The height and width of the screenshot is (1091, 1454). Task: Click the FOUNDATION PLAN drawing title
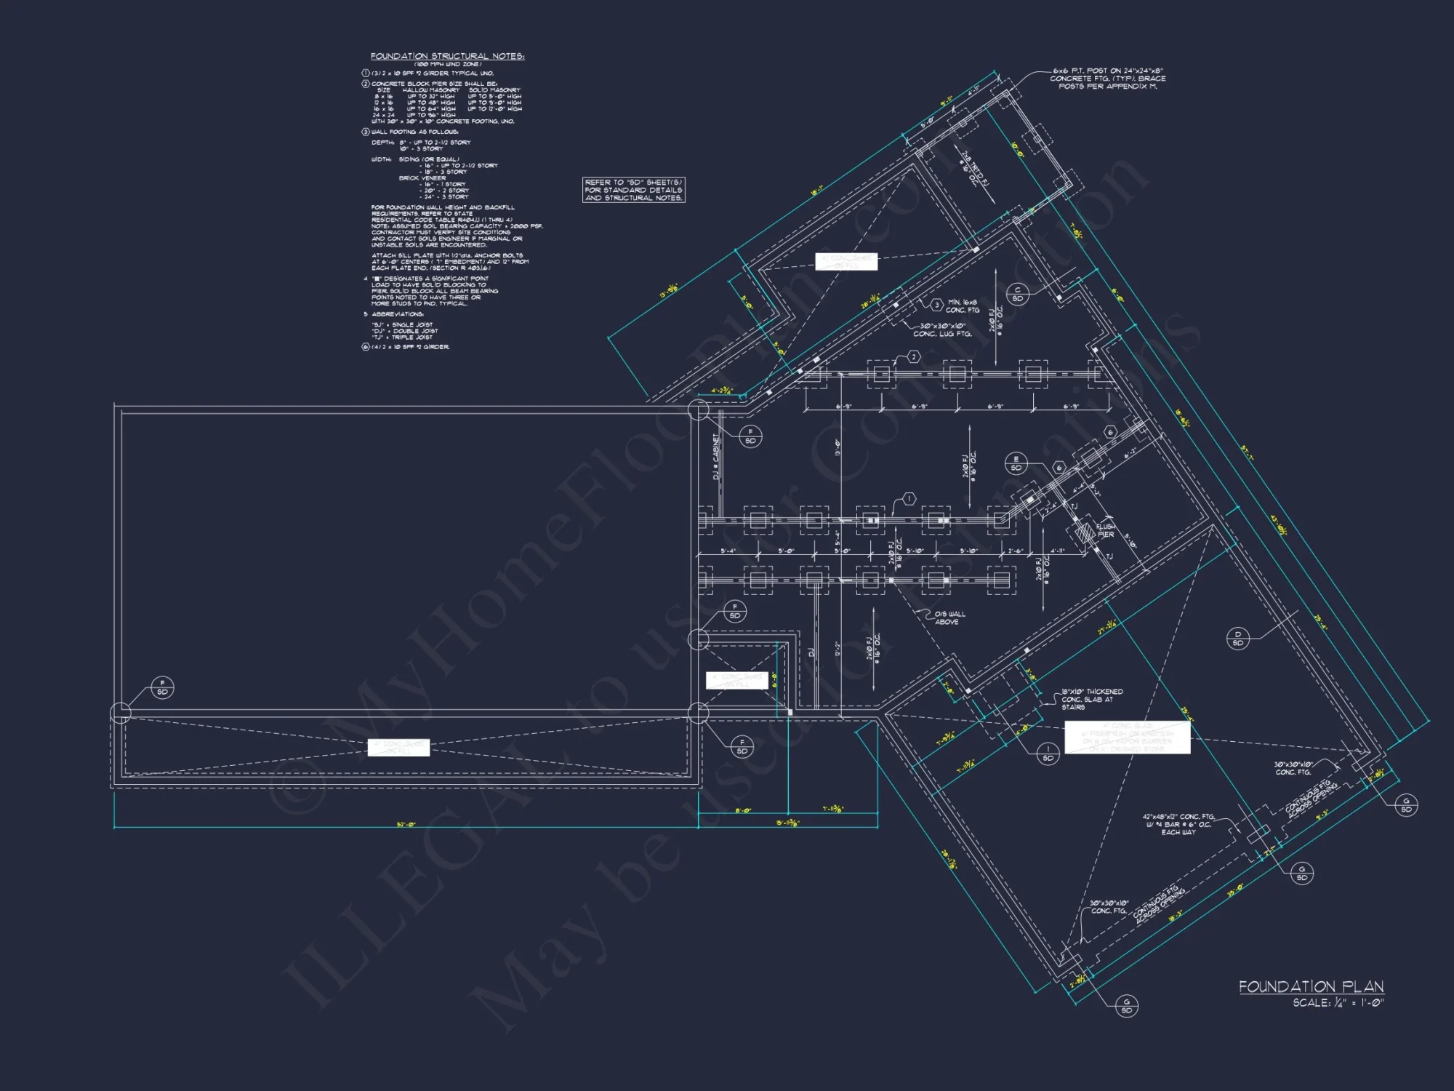[x=1311, y=986]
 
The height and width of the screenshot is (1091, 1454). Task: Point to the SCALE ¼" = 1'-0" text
[x=1338, y=1003]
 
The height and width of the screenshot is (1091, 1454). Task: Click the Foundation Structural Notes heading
[x=447, y=56]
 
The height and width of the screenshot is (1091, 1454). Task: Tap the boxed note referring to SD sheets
[x=633, y=190]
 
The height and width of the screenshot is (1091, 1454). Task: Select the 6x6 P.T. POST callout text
[x=1107, y=79]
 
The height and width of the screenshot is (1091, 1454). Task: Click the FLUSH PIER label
[x=1105, y=530]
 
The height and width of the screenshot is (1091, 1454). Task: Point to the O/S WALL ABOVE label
[x=949, y=618]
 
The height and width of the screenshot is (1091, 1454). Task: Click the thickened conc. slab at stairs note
[x=1091, y=699]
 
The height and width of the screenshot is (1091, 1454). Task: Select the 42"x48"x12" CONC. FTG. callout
[x=1178, y=824]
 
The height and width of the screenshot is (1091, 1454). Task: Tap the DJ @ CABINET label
[x=716, y=457]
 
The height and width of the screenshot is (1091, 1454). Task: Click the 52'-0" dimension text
[x=406, y=825]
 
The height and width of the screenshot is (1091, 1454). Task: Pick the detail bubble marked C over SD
[x=1018, y=294]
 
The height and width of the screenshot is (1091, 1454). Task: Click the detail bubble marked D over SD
[x=1238, y=638]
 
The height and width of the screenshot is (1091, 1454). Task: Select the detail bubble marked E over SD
[x=1016, y=463]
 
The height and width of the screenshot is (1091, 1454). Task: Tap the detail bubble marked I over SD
[x=1048, y=753]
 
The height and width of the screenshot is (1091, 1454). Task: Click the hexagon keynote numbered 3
[x=937, y=305]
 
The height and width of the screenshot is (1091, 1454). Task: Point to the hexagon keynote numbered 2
[x=914, y=356]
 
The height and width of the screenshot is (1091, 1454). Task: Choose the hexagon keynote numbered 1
[x=909, y=499]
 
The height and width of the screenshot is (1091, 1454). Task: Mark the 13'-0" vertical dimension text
[x=838, y=447]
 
